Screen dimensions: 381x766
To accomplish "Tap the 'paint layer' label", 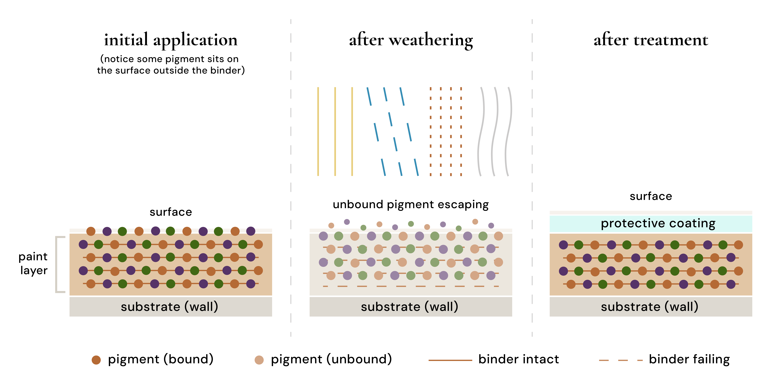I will [x=33, y=263].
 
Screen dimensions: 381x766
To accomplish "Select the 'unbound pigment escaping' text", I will [x=411, y=205].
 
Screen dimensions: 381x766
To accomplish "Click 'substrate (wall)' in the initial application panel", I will [x=169, y=307].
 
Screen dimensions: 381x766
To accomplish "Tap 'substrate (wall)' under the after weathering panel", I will [x=409, y=307].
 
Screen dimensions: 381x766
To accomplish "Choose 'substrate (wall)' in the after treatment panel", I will [x=649, y=307].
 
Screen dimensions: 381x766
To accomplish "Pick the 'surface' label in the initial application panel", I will [x=171, y=212].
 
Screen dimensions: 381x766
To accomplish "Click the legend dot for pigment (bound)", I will [x=96, y=360].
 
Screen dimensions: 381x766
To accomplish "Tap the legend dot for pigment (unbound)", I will [x=259, y=360].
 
